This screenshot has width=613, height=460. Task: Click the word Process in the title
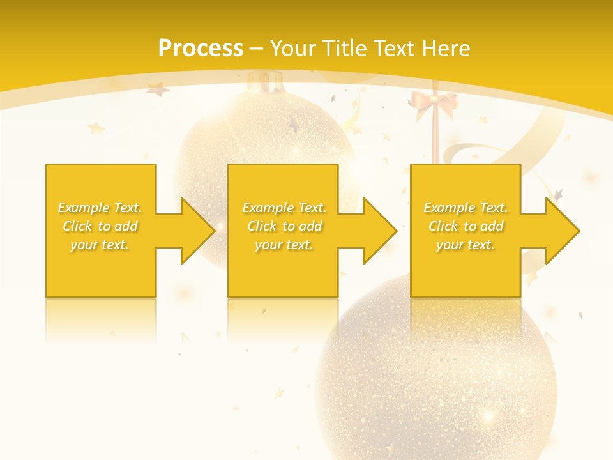(201, 49)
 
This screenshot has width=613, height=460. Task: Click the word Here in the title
(446, 49)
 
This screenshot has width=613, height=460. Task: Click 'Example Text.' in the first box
(100, 208)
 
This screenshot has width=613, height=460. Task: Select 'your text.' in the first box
(100, 245)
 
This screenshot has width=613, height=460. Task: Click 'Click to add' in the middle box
(284, 226)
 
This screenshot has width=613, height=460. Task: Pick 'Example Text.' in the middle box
(284, 208)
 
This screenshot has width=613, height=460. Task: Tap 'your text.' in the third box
(465, 245)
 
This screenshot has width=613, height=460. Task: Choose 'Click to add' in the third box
(465, 226)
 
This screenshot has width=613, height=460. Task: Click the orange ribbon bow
(434, 103)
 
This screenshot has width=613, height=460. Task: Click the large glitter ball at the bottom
(434, 377)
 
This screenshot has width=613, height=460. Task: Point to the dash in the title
(257, 49)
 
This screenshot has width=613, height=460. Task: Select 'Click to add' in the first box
(100, 226)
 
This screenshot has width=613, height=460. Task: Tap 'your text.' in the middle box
(284, 245)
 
